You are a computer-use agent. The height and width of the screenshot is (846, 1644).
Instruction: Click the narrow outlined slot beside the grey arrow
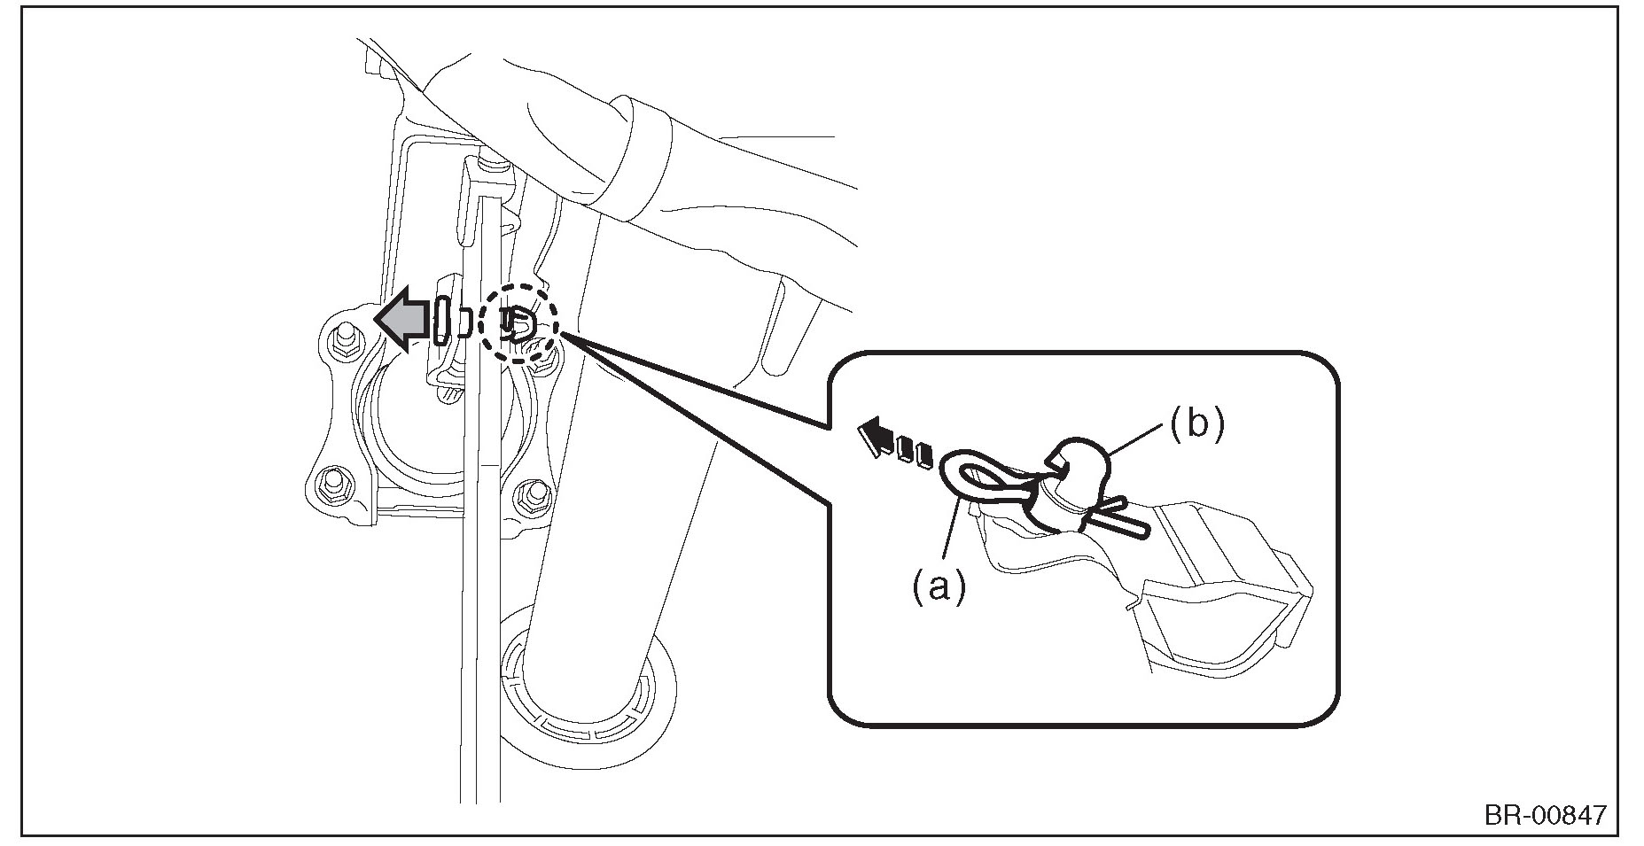(x=444, y=320)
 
